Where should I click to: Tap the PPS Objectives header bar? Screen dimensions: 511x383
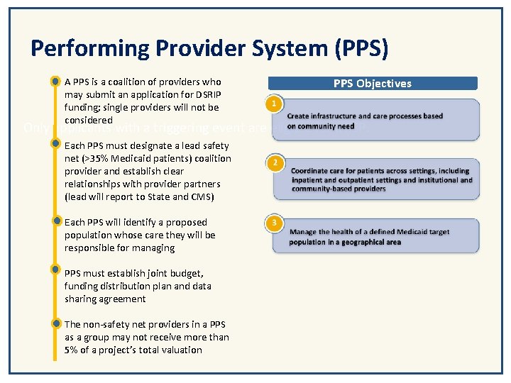point(372,83)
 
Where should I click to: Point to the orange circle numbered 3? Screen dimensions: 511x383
point(275,223)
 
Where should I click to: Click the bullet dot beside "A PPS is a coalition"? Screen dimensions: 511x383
point(55,82)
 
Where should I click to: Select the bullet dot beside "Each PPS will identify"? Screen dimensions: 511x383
point(55,221)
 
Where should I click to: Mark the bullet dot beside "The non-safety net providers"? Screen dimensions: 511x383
point(55,323)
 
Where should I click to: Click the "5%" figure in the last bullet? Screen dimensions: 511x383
point(72,350)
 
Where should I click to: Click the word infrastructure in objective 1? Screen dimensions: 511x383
point(336,116)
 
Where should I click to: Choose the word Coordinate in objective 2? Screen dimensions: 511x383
point(311,172)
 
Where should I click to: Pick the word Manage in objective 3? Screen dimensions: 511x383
point(303,232)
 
